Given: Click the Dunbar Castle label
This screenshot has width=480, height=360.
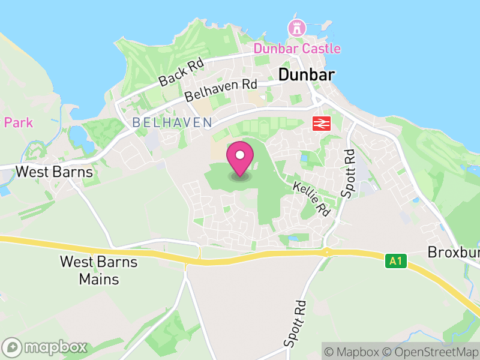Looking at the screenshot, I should (x=296, y=49).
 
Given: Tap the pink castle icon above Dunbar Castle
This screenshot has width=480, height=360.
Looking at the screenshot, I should (x=296, y=28).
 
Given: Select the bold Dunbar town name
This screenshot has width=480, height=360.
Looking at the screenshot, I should (x=306, y=74).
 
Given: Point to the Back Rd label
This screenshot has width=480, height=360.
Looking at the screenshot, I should (x=182, y=71).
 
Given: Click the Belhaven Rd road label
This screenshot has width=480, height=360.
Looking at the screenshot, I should (x=220, y=90).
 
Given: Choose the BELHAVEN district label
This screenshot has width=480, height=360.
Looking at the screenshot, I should (x=172, y=122).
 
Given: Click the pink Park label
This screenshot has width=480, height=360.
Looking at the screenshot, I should (x=18, y=123).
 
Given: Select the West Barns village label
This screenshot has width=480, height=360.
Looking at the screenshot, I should (x=54, y=172).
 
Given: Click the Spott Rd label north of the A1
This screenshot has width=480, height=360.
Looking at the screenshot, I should (x=348, y=174).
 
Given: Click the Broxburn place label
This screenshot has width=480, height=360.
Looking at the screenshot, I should (x=455, y=253).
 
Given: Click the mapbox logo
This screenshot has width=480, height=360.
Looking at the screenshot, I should (x=46, y=347).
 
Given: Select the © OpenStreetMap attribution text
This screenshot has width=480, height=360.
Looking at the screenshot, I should (x=432, y=352).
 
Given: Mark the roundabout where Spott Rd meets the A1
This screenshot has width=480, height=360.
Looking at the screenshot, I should (x=327, y=251).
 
